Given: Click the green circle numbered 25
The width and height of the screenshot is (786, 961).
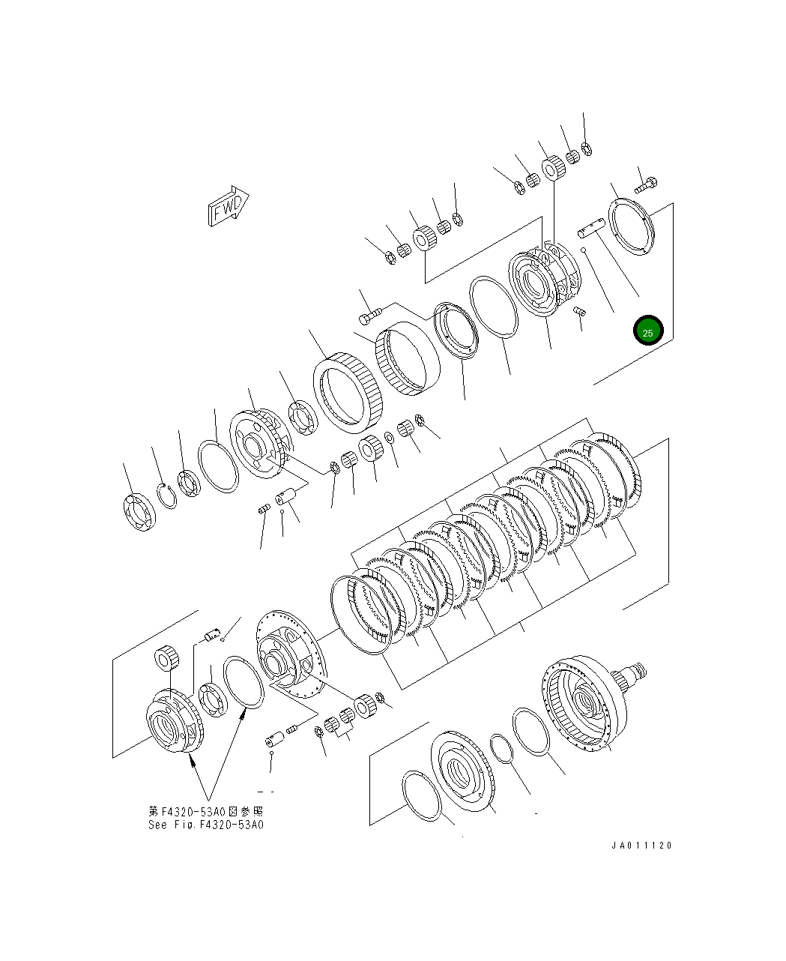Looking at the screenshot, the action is click(x=647, y=331).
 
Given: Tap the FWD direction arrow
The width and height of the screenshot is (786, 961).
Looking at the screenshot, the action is click(x=228, y=206).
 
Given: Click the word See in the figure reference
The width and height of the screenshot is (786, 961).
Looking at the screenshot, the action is click(x=157, y=825).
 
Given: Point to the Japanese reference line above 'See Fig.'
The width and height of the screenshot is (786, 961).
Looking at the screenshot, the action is click(x=206, y=811).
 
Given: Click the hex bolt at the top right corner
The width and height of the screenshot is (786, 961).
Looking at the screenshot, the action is click(x=646, y=184).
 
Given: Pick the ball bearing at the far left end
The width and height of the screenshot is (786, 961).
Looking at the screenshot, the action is click(x=139, y=512).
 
